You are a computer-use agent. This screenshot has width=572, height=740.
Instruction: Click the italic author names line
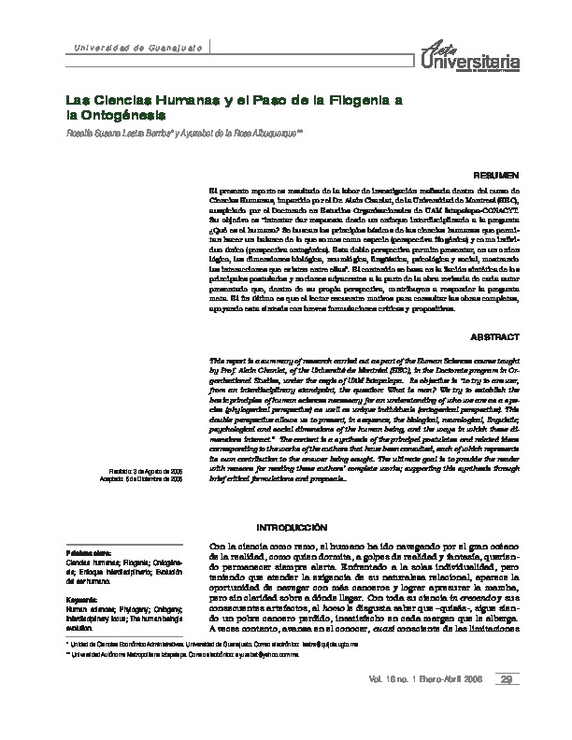click(x=182, y=132)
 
